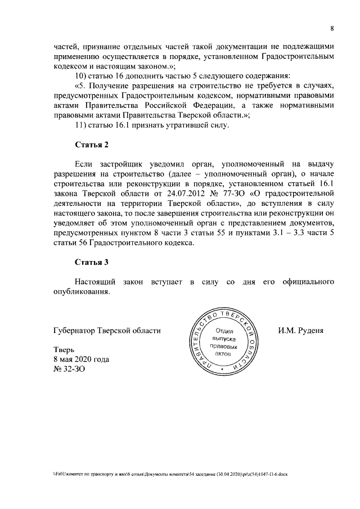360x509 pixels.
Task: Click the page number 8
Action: coord(332,29)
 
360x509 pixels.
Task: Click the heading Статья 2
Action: coord(92,145)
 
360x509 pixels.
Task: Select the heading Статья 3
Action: coord(92,262)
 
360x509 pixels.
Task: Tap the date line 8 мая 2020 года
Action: coord(81,359)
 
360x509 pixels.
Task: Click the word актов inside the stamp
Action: coord(224,355)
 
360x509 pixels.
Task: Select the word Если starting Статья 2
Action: coord(85,163)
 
